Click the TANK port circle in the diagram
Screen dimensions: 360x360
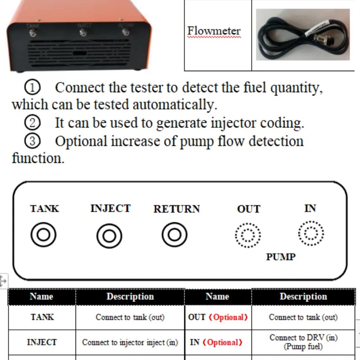44,235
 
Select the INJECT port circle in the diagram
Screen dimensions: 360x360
109,235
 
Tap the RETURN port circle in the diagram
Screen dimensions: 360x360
175,235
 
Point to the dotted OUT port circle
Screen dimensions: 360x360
248,235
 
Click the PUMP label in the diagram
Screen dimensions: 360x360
280,257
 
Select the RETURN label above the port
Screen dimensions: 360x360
176,209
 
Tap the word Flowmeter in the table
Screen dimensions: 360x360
214,31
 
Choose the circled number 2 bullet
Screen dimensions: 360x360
33,122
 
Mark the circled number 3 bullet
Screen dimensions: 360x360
33,141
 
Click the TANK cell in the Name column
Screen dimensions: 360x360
42,317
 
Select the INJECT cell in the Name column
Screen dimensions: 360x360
42,342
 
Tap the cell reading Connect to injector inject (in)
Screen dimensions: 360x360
130,342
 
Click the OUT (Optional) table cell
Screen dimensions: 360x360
218,317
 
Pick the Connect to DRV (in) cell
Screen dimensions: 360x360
303,342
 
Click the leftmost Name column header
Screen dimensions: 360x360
42,297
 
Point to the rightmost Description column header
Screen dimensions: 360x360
303,297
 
